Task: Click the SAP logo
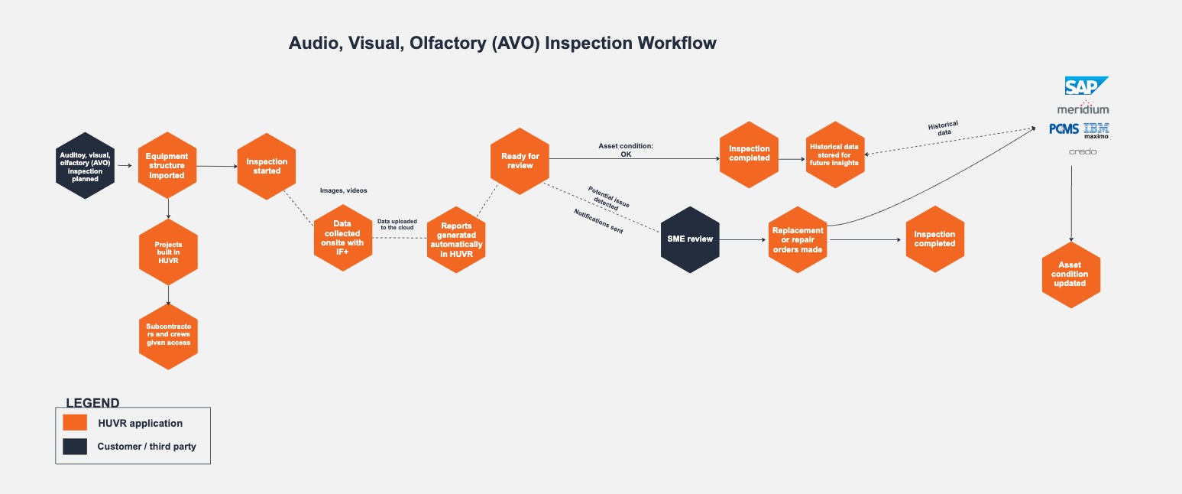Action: [x=1086, y=86]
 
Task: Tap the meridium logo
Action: [x=1083, y=109]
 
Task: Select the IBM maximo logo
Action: [x=1096, y=131]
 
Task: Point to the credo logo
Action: [x=1083, y=151]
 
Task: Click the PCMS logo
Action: [x=1064, y=129]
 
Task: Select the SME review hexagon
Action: [x=690, y=239]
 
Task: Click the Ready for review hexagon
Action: [x=520, y=161]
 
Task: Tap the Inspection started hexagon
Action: [x=267, y=167]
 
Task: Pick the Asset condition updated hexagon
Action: [x=1070, y=275]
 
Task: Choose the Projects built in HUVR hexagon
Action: [x=168, y=252]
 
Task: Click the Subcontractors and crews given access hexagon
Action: [x=168, y=336]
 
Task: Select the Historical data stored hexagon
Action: [x=835, y=154]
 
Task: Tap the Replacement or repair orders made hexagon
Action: [x=798, y=240]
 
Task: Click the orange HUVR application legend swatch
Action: [x=75, y=423]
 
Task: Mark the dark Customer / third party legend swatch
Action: [x=75, y=447]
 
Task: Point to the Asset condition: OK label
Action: [x=626, y=150]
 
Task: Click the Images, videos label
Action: [x=344, y=190]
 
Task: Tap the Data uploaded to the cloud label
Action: [x=397, y=225]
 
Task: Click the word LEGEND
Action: [x=93, y=403]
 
